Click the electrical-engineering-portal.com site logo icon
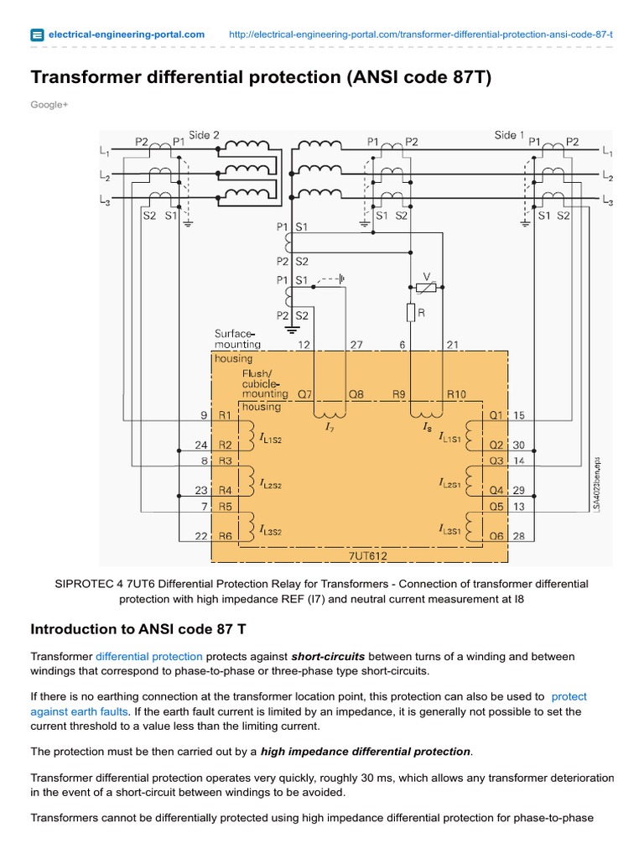coord(37,34)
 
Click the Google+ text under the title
coord(49,105)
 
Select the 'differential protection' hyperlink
coord(148,656)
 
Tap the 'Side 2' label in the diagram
coord(204,135)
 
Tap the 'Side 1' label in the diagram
coord(509,135)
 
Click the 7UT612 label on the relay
coord(369,555)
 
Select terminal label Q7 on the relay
coord(305,393)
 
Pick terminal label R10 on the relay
coord(456,393)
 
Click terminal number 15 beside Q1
coord(519,414)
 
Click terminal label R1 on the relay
coord(225,414)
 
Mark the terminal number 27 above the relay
coord(356,345)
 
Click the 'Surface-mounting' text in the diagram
coord(237,339)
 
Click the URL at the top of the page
coord(420,34)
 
